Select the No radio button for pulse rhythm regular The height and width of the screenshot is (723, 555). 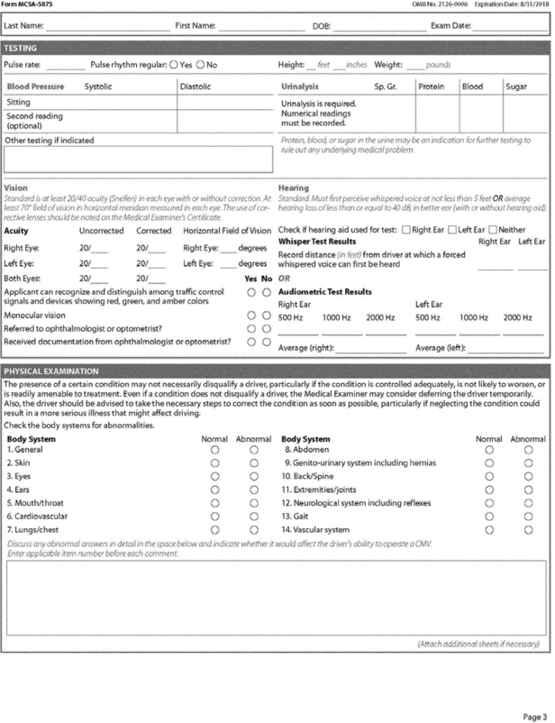(203, 66)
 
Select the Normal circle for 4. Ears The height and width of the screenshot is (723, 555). (214, 490)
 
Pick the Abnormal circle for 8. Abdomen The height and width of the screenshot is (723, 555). (528, 449)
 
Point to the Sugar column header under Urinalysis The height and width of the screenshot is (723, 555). (515, 87)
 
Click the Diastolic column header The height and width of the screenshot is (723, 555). (196, 87)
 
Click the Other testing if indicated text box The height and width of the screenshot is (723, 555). (137, 157)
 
